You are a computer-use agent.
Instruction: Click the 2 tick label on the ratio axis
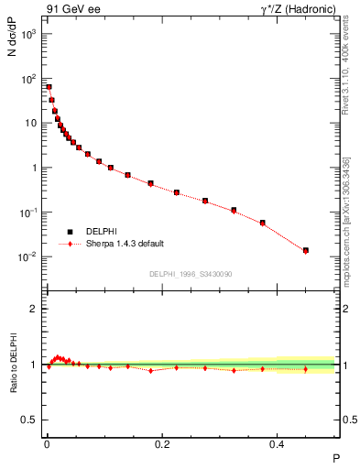point(33,310)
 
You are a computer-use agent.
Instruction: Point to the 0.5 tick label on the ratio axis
point(29,420)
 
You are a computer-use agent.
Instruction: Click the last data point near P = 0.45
point(306,250)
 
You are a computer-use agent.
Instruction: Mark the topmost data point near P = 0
point(49,87)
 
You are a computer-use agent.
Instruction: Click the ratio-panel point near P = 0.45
point(306,369)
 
